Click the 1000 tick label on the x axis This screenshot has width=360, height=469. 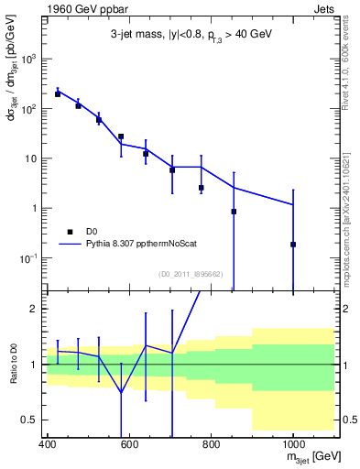pyautogui.click(x=292, y=445)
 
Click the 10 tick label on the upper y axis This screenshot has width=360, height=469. pyautogui.click(x=32, y=158)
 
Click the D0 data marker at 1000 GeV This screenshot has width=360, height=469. pyautogui.click(x=293, y=245)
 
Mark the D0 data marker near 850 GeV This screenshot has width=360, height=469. pyautogui.click(x=234, y=212)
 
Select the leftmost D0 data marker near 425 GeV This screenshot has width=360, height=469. pyautogui.click(x=58, y=93)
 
